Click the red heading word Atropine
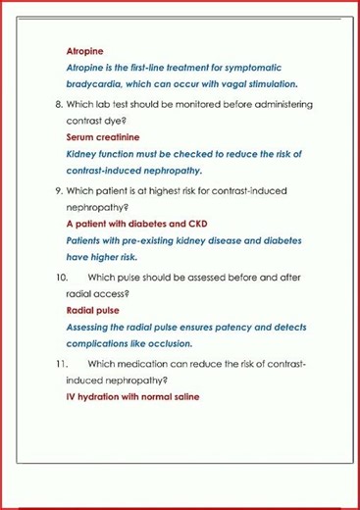[x=84, y=50]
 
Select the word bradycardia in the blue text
[x=94, y=84]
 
